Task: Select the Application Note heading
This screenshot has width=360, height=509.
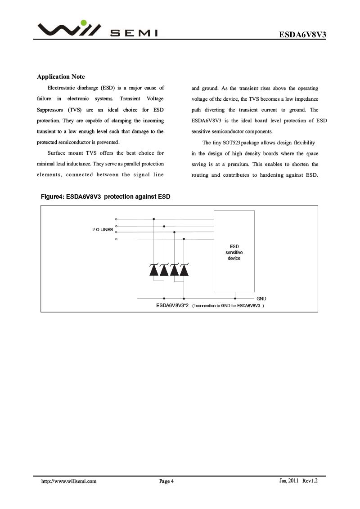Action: [61, 77]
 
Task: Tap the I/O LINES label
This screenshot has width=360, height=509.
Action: [103, 229]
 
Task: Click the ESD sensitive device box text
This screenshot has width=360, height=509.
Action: [234, 252]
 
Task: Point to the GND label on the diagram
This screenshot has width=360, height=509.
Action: [261, 299]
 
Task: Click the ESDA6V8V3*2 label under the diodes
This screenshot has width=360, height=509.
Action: [172, 305]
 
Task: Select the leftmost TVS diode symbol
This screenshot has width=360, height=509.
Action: [154, 270]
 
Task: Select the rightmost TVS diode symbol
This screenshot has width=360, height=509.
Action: [184, 270]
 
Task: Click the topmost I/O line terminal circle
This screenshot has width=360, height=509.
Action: [116, 219]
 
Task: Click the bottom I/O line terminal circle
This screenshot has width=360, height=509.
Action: [116, 239]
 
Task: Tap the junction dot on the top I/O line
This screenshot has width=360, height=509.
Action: [154, 219]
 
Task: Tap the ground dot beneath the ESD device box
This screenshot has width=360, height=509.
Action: [235, 298]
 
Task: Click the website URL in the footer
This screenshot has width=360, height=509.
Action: [69, 481]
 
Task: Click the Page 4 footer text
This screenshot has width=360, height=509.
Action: [166, 482]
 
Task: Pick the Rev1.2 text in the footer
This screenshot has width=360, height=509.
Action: [310, 481]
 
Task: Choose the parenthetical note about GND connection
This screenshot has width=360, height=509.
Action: [228, 306]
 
